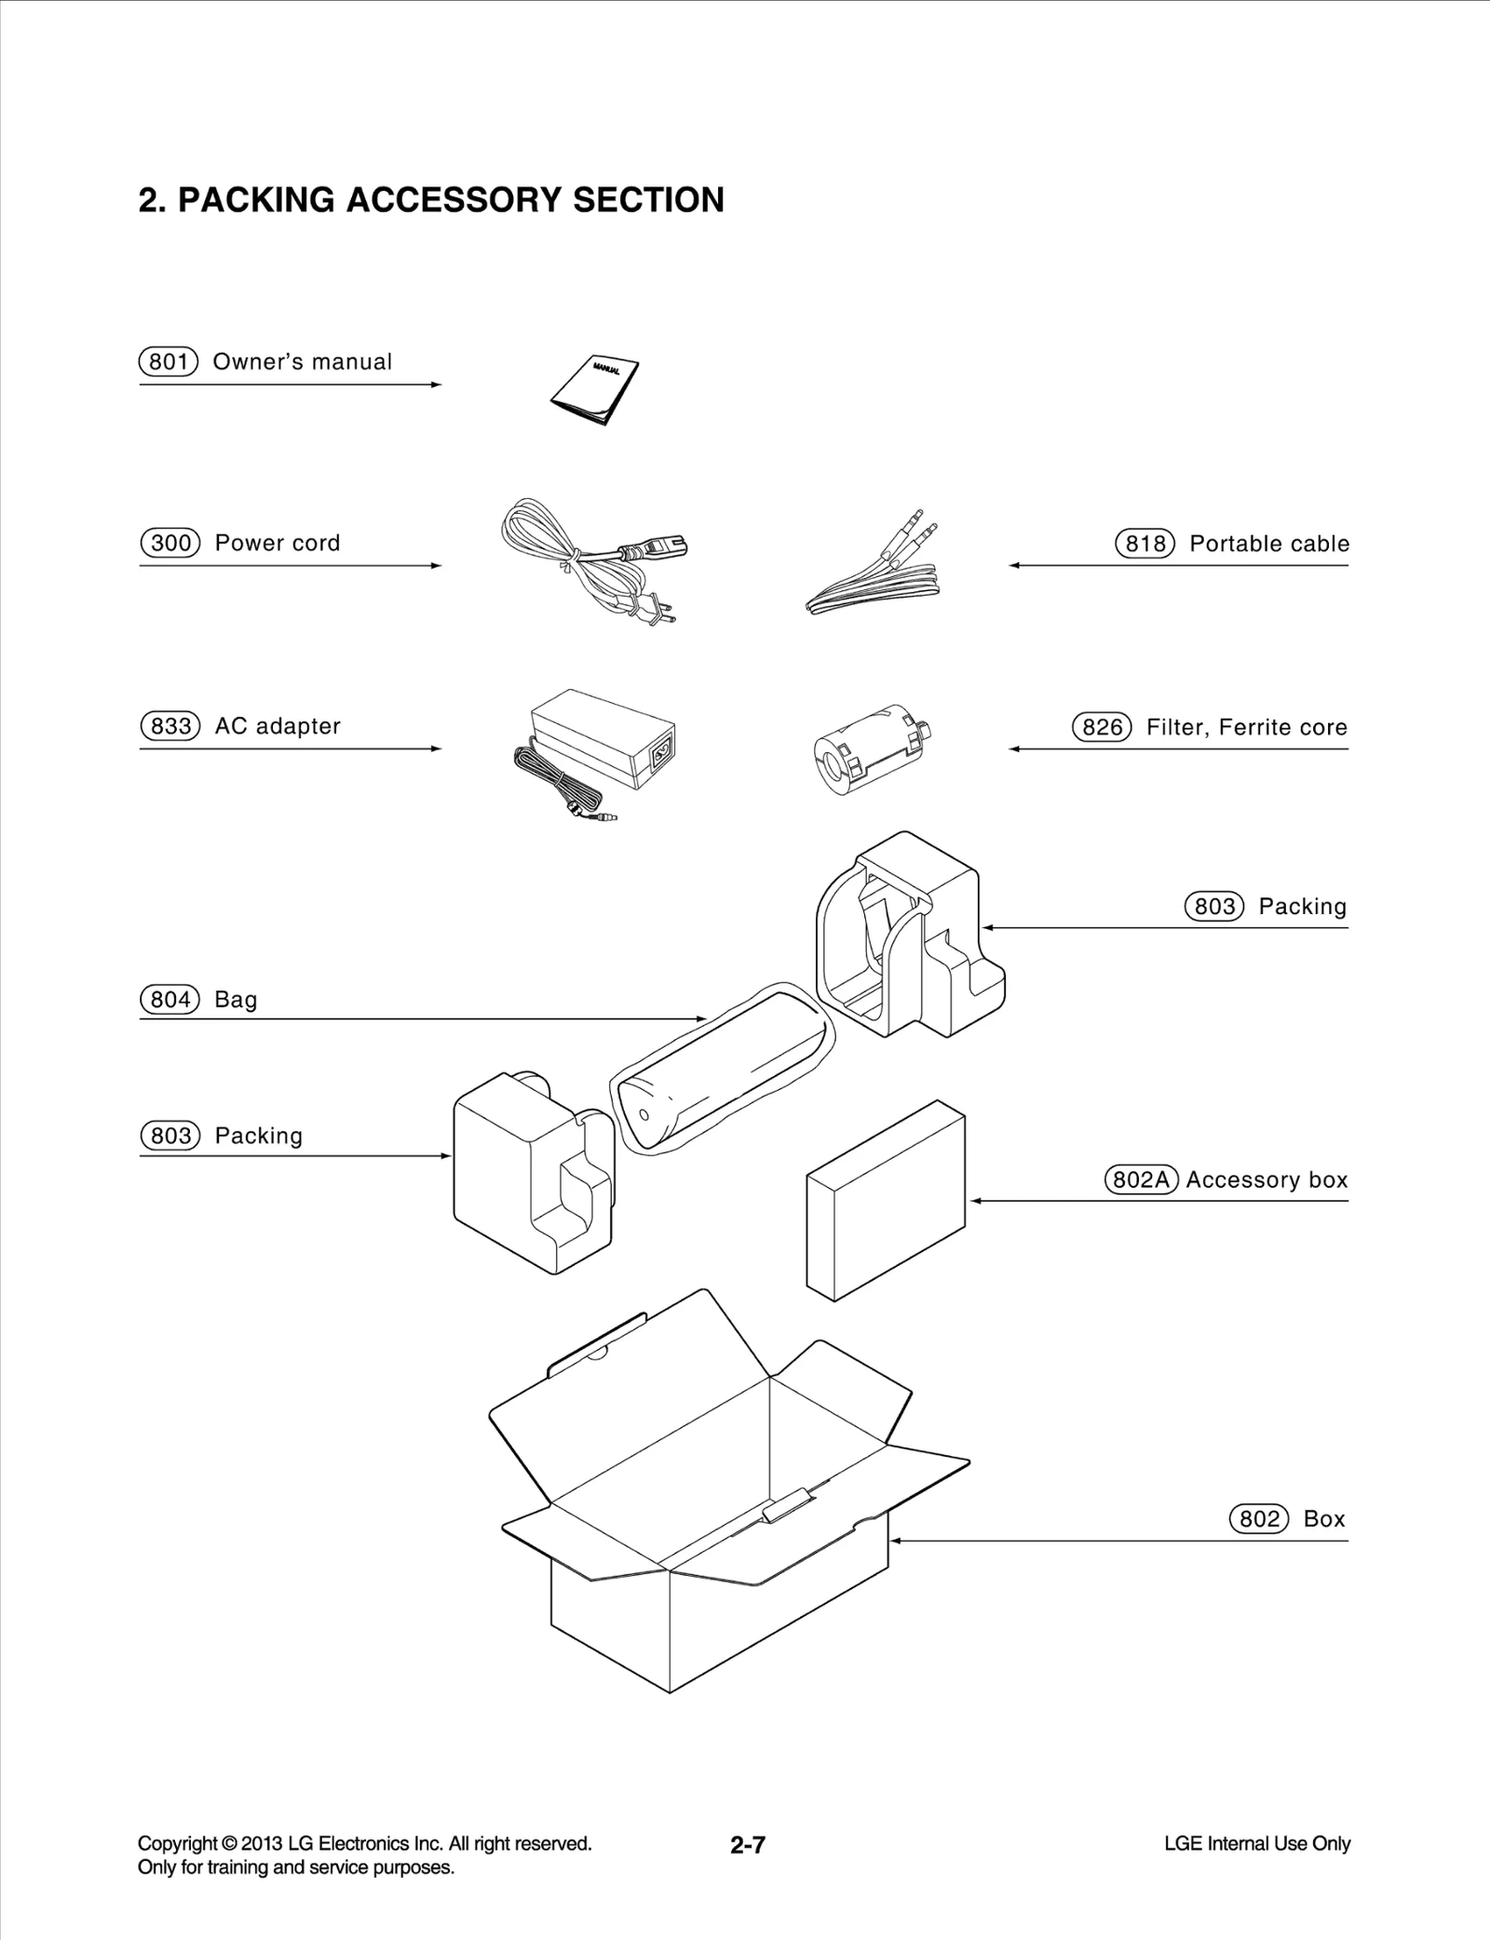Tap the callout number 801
[x=169, y=362]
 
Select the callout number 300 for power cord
[x=170, y=544]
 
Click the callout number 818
[x=1145, y=544]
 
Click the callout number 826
[x=1102, y=727]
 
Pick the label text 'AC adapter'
[x=278, y=726]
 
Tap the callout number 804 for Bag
[x=170, y=1000]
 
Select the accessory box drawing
[x=885, y=1201]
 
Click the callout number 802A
[x=1141, y=1180]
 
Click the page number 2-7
[x=747, y=1845]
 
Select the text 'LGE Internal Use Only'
[x=1256, y=1844]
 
